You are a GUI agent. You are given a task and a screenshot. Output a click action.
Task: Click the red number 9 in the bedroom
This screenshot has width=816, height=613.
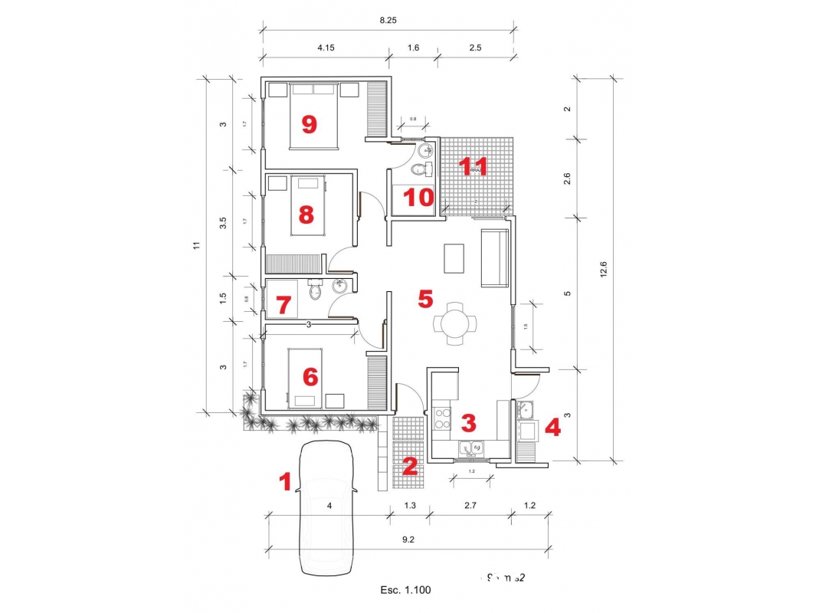[309, 124]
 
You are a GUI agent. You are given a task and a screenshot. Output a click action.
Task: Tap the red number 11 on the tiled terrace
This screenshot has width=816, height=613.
[473, 166]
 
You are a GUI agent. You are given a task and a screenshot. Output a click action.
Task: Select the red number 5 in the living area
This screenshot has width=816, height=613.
[425, 299]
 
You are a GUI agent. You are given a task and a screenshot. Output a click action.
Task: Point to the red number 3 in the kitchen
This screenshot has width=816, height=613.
[468, 422]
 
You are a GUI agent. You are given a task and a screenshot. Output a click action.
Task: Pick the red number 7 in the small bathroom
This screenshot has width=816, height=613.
[283, 306]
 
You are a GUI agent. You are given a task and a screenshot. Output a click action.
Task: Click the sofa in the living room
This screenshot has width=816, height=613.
[494, 257]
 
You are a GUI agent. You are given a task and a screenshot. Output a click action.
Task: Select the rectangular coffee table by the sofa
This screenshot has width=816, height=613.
[454, 258]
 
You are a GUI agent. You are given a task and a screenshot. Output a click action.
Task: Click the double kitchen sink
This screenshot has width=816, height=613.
[470, 447]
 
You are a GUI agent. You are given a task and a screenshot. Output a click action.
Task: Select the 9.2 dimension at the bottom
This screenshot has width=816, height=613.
[408, 539]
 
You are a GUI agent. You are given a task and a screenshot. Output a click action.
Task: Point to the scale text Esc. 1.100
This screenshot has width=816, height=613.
[406, 590]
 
